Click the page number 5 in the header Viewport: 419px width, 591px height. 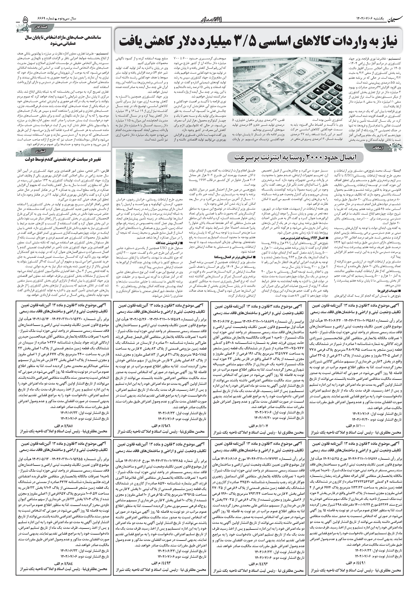[25, 20]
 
